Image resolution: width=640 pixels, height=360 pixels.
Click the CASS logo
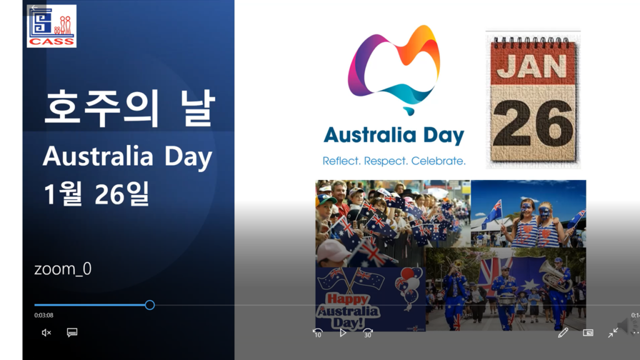(x=51, y=26)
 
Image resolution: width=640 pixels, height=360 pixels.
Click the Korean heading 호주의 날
(x=129, y=107)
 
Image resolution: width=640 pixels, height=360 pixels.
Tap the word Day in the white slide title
(x=188, y=157)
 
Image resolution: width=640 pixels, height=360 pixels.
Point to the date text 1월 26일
(x=96, y=194)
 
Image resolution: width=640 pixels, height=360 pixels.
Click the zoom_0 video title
(x=63, y=269)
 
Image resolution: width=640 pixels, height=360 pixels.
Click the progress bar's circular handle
(x=150, y=305)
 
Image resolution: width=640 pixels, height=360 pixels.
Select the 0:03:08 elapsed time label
(x=44, y=315)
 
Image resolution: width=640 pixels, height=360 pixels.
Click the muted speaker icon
(x=46, y=332)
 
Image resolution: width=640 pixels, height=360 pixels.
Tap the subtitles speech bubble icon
(x=72, y=332)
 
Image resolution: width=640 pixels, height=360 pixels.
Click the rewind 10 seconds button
(x=317, y=333)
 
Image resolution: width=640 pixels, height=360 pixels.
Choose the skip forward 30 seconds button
(x=367, y=333)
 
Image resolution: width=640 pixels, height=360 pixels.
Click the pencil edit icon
(x=563, y=333)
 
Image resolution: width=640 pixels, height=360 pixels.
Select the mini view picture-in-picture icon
(x=588, y=333)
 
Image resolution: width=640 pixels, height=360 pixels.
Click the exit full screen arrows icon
(x=612, y=333)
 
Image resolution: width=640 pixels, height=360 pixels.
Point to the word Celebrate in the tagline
(x=438, y=161)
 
